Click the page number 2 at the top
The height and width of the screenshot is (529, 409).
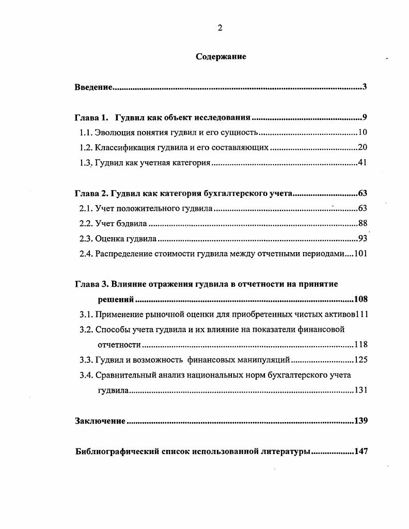point(220,28)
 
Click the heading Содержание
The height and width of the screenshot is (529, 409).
point(221,57)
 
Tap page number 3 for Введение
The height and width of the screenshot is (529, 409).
point(364,87)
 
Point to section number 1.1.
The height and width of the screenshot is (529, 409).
point(86,132)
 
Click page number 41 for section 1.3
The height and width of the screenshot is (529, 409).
point(362,163)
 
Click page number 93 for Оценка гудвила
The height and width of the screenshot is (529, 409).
point(362,239)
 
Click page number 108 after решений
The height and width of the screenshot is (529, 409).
point(360,299)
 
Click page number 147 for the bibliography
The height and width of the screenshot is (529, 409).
point(360,451)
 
